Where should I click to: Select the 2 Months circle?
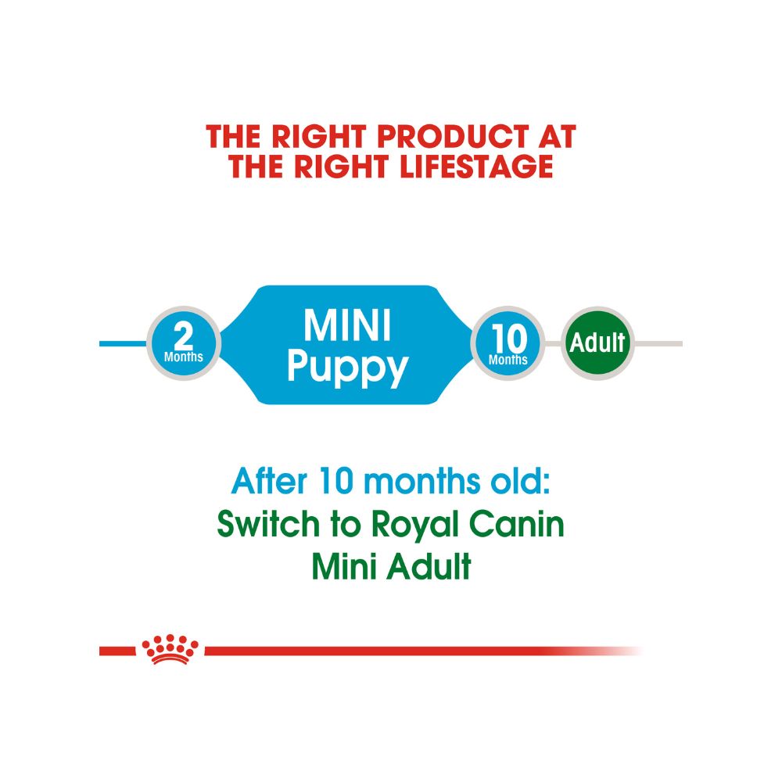pyautogui.click(x=184, y=343)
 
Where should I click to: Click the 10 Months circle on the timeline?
pyautogui.click(x=508, y=343)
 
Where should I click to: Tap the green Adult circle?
pyautogui.click(x=598, y=343)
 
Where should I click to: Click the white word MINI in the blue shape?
pyautogui.click(x=348, y=326)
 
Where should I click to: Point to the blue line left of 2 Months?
pyautogui.click(x=123, y=343)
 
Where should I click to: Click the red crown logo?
pyautogui.click(x=170, y=650)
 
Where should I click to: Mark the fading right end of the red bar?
pyautogui.click(x=618, y=651)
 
